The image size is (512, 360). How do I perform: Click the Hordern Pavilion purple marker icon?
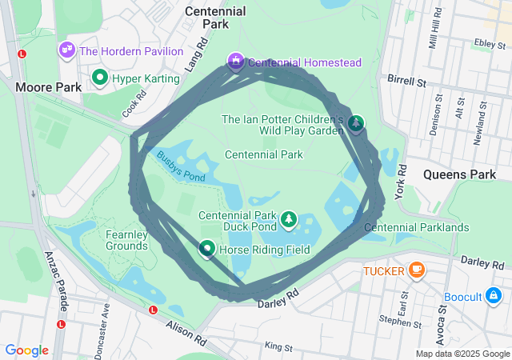pos(66,50)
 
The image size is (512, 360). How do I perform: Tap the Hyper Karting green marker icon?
pos(100,78)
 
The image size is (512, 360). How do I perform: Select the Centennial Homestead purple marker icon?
pos(235,61)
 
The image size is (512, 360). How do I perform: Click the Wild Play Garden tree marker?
pos(356,122)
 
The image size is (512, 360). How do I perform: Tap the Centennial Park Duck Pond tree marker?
pos(289,218)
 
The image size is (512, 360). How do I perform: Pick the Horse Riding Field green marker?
pos(207,250)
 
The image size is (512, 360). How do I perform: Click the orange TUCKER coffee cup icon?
pos(415,270)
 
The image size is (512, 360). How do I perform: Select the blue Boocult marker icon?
pos(495,296)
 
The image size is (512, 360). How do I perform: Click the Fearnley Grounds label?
pos(126,240)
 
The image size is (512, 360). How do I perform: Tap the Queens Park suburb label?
pos(460,174)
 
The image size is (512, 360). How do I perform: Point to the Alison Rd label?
pos(186,333)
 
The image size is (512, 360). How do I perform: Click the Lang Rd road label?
pos(197,58)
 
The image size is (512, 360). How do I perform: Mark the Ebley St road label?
pos(486,42)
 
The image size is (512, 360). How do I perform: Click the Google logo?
pos(26,350)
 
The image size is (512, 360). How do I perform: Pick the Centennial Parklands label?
pos(416,228)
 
